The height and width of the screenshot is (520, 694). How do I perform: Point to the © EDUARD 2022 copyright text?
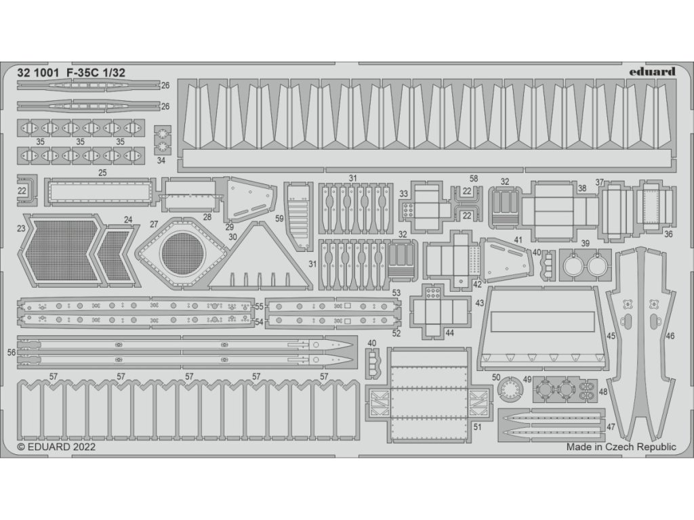[x=57, y=447]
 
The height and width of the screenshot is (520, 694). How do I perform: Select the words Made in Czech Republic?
[x=621, y=447]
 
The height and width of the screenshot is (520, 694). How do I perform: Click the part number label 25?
[x=102, y=173]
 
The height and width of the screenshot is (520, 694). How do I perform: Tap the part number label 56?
[x=11, y=352]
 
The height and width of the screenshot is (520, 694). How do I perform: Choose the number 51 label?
[x=477, y=427]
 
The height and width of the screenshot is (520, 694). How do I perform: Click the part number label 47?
[x=611, y=427]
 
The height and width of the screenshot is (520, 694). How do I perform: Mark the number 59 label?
[x=279, y=218]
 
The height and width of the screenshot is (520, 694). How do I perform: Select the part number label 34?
[x=161, y=160]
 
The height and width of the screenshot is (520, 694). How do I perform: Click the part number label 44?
[x=449, y=332]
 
